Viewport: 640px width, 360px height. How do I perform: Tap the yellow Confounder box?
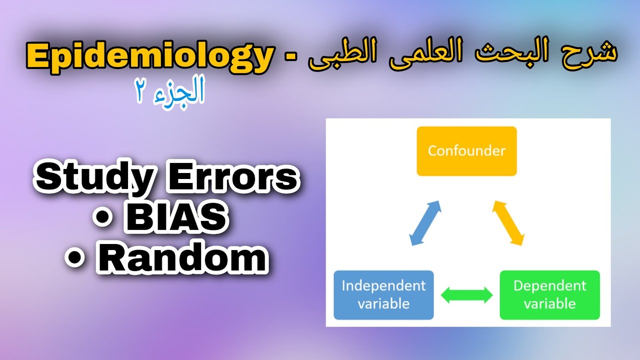pos(466,151)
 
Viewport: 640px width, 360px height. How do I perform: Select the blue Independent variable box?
pos(383,294)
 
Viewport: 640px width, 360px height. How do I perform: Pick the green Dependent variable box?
pos(549,294)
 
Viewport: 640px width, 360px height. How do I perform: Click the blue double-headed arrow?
pos(425,222)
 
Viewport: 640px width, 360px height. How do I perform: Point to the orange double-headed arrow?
pos(508,222)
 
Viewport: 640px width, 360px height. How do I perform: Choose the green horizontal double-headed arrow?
pos(466,295)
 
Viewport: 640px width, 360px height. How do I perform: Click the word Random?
pos(181,258)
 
